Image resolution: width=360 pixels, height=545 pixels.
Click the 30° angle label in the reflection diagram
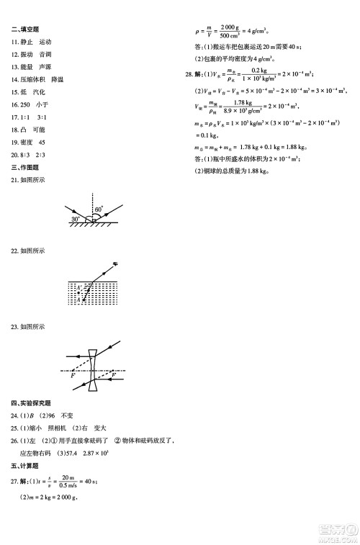click(x=75, y=218)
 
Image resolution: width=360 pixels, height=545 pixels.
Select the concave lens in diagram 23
click(x=93, y=371)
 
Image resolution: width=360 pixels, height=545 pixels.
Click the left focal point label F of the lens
click(x=72, y=377)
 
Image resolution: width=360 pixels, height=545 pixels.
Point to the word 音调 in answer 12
click(x=45, y=55)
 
